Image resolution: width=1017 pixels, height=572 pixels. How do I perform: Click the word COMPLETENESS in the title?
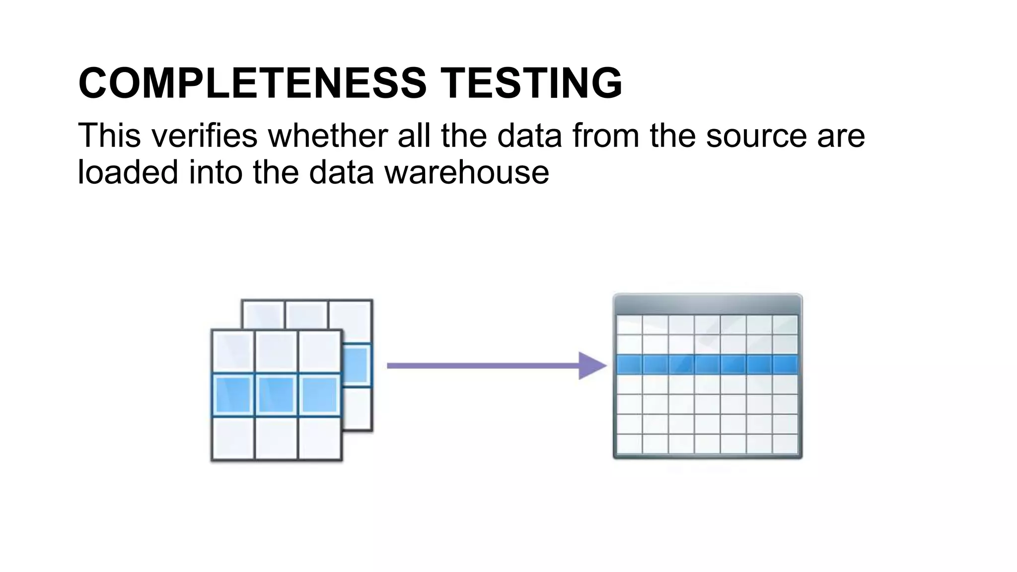252,83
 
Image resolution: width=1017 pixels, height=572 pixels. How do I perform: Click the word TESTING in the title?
531,83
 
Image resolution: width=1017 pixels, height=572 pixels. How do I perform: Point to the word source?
756,136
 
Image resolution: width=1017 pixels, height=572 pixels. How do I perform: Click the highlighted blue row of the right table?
707,365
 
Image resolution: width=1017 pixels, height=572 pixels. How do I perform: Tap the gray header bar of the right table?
707,304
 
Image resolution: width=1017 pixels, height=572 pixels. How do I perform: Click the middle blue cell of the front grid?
276,395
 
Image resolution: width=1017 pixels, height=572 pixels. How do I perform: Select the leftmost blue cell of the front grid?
233,395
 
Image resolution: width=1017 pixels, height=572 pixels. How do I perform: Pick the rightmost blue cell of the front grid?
319,395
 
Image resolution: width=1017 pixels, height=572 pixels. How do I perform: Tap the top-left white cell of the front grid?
233,352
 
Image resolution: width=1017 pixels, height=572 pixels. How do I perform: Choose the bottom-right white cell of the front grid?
319,438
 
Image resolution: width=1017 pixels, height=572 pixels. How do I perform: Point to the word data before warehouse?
341,172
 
